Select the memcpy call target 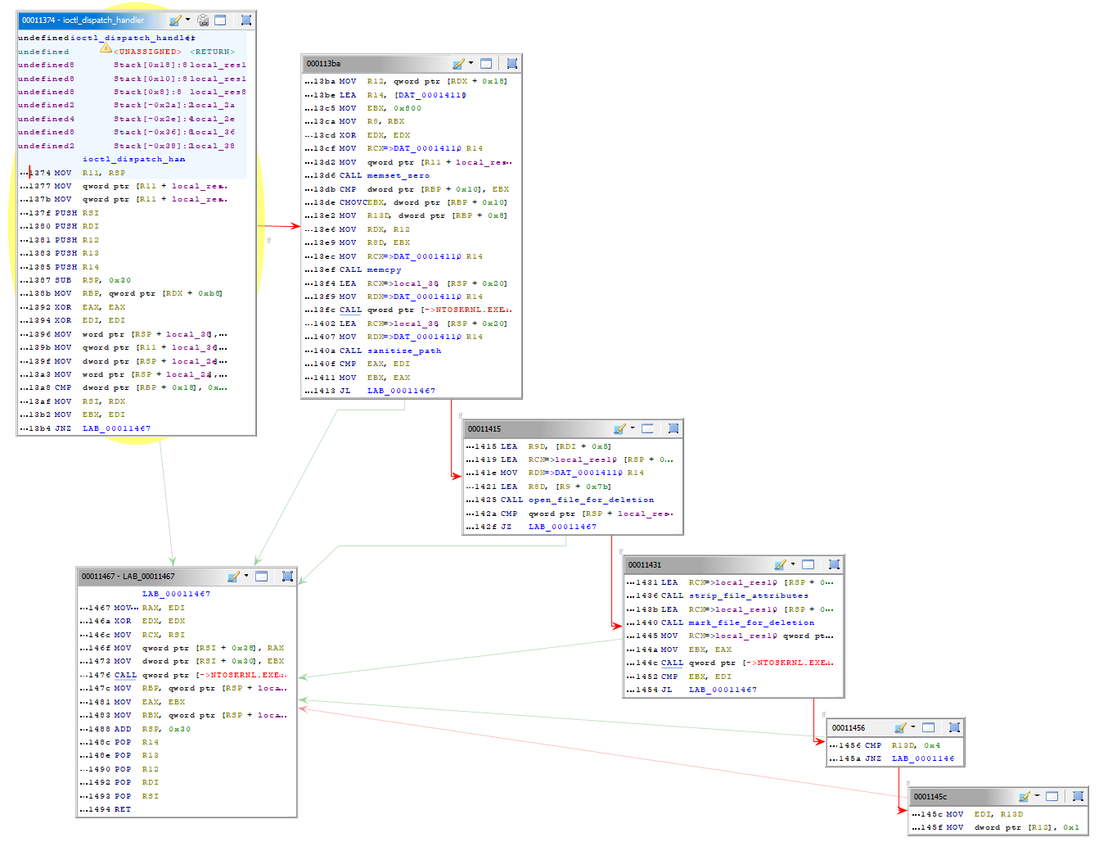click(384, 269)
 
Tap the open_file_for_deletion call click(591, 500)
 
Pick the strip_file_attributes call click(748, 595)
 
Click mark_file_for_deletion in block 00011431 click(751, 622)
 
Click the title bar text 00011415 click(484, 428)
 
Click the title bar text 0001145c click(930, 796)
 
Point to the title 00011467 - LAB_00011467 click(128, 576)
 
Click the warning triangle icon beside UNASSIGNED click(106, 48)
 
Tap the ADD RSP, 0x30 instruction click(152, 729)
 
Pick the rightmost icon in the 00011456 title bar click(954, 727)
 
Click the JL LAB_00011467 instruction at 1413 click(385, 391)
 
